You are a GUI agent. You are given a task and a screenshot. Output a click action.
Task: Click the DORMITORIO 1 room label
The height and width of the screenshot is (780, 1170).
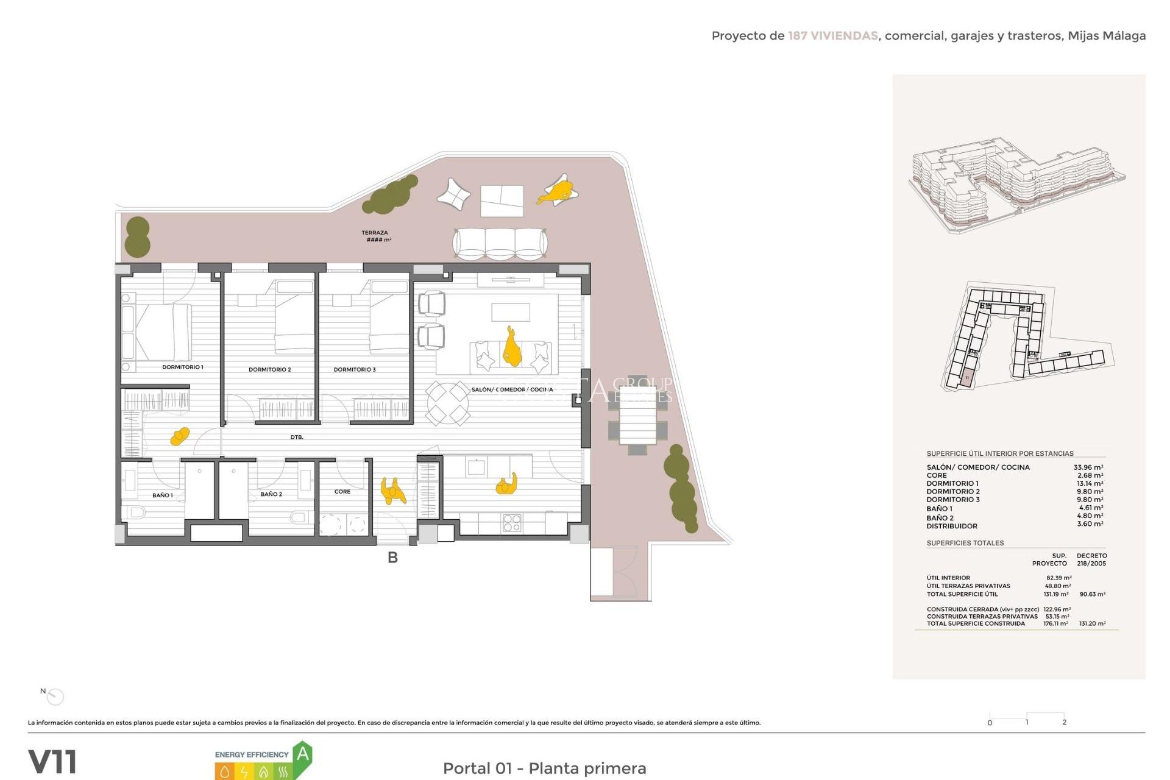click(x=182, y=367)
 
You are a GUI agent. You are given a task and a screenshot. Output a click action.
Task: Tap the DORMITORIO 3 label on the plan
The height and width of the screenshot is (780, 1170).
click(x=354, y=369)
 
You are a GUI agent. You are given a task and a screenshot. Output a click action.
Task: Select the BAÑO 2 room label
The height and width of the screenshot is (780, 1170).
click(x=271, y=494)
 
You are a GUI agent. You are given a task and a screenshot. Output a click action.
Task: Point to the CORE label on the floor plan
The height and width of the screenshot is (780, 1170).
click(x=342, y=491)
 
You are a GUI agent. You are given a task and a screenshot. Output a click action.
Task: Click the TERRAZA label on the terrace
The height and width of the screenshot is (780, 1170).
click(x=375, y=233)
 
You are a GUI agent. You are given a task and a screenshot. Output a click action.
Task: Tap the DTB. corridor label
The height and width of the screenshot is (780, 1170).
click(x=297, y=437)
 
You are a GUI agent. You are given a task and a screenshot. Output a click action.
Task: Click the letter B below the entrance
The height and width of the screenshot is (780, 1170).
click(x=392, y=557)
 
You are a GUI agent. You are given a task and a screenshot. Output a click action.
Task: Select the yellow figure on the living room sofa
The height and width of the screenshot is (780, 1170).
click(x=511, y=349)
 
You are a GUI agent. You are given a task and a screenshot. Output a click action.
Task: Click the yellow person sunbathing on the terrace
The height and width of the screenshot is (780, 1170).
click(x=558, y=191)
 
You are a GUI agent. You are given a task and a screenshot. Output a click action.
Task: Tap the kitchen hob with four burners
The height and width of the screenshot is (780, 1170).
click(x=512, y=523)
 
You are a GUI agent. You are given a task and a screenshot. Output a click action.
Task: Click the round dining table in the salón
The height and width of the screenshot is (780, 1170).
click(x=447, y=403)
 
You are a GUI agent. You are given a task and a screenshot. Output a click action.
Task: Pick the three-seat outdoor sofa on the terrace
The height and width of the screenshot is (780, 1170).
click(x=500, y=243)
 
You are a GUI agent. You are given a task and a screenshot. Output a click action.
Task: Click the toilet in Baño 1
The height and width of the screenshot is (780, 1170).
click(x=136, y=512)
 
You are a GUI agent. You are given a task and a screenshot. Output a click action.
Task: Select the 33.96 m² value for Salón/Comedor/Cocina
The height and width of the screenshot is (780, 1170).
click(x=1088, y=467)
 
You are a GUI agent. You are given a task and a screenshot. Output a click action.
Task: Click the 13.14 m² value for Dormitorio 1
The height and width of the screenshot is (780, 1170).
click(x=1089, y=483)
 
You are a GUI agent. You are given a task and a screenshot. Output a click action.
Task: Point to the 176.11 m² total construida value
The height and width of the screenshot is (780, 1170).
click(x=1055, y=623)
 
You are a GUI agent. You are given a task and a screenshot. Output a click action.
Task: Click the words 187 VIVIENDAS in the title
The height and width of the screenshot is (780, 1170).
click(x=832, y=35)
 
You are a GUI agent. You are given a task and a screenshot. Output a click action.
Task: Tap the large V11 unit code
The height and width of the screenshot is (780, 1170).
click(x=53, y=762)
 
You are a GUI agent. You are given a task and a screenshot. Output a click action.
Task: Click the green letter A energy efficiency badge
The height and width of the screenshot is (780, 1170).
click(x=303, y=754)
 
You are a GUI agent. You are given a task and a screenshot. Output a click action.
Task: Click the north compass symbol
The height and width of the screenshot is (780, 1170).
click(x=55, y=696)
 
